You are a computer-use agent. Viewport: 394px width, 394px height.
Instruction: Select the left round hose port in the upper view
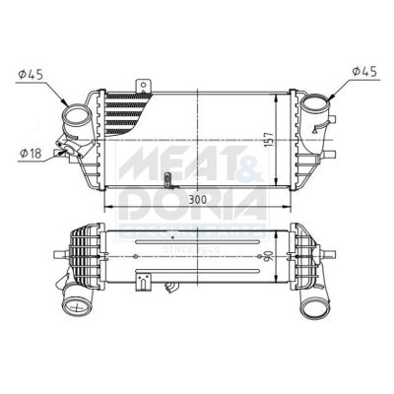pyautogui.click(x=77, y=126)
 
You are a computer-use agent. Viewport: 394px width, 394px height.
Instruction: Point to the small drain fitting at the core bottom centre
pyautogui.click(x=168, y=179)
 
